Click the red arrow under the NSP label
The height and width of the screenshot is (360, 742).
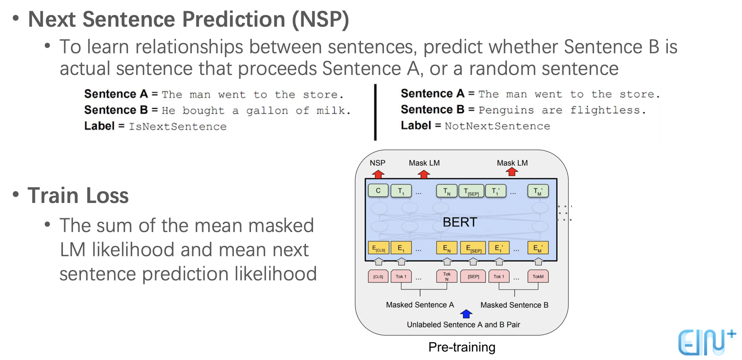(378, 174)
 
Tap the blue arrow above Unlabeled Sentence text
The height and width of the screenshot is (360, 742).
(466, 313)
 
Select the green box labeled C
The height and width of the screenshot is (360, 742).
(378, 190)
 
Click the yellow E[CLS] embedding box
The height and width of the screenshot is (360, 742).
(378, 248)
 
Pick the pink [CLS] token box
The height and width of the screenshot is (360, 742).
(378, 276)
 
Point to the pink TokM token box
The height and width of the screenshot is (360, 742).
(538, 276)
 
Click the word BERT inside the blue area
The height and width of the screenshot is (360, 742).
(459, 222)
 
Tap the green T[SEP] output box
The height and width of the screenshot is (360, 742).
(471, 191)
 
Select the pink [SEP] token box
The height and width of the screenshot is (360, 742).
(473, 276)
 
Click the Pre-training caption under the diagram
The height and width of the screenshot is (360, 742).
(462, 347)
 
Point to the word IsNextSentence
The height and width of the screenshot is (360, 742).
(178, 127)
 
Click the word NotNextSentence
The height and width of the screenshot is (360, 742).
(497, 126)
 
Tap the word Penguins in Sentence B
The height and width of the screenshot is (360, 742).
(506, 110)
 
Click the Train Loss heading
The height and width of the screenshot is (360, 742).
(78, 195)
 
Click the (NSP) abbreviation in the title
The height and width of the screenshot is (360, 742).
(320, 20)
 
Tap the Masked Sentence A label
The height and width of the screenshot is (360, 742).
(420, 305)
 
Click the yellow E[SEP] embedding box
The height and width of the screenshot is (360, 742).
(473, 248)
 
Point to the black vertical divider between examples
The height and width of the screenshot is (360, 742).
(375, 112)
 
